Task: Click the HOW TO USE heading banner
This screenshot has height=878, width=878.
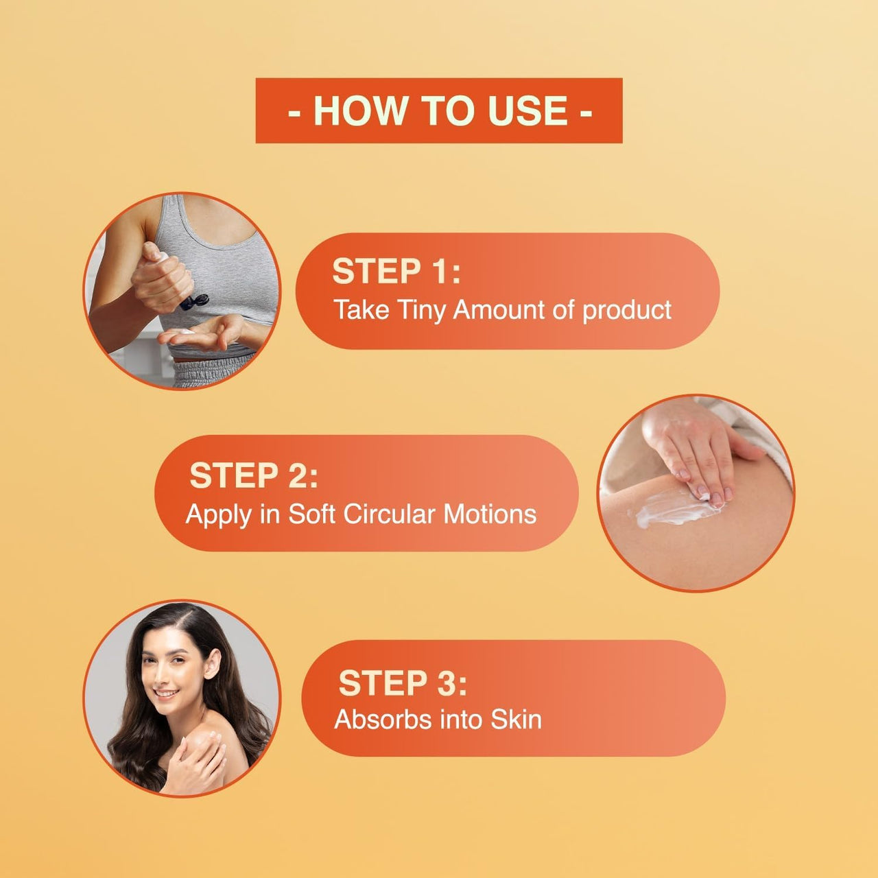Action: [439, 110]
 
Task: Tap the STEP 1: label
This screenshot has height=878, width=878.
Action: [396, 271]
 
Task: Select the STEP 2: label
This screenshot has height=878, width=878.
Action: [253, 475]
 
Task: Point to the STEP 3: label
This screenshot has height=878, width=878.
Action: [402, 683]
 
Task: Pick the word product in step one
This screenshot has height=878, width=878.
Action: [626, 311]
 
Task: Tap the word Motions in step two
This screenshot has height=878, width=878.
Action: [490, 514]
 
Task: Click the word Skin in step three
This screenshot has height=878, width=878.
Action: [516, 720]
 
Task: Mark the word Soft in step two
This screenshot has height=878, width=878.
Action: [312, 514]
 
